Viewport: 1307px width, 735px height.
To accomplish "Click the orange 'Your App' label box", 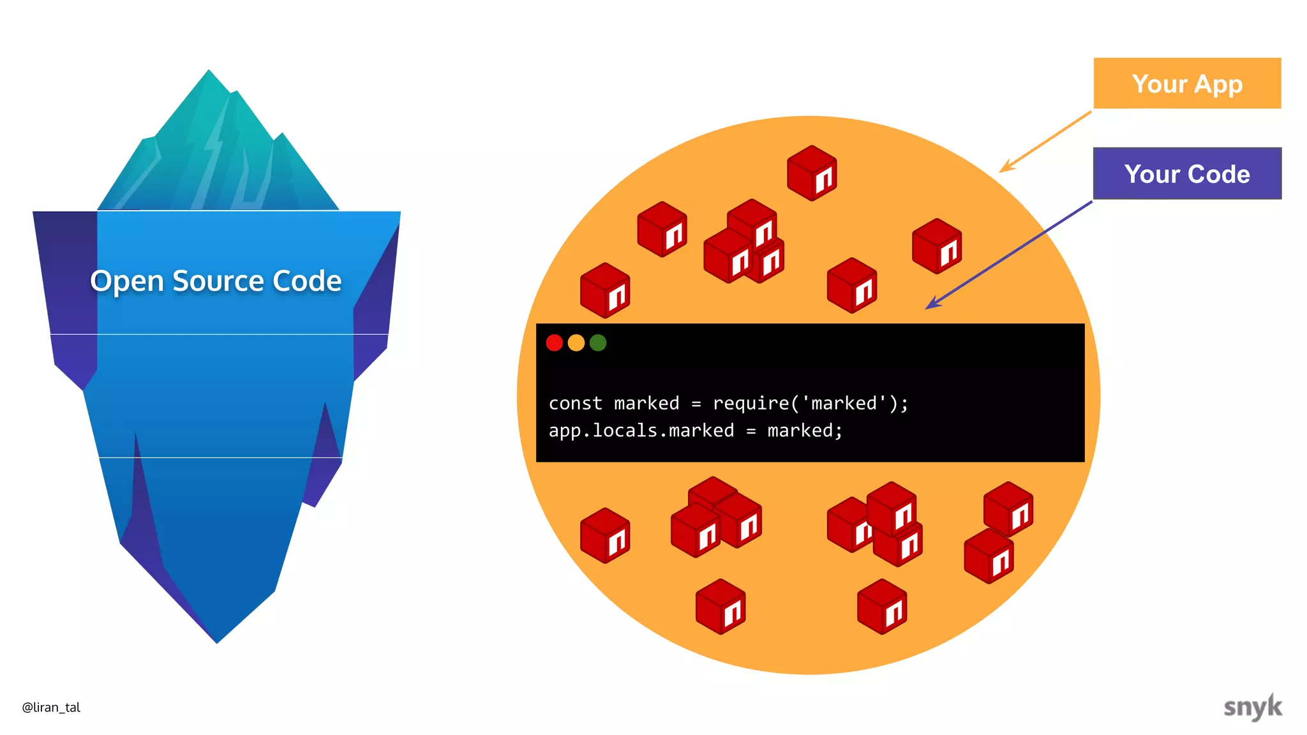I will [x=1187, y=84].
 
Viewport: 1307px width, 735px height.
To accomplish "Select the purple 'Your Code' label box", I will [x=1187, y=174].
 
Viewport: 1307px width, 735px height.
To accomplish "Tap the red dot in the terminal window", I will [x=555, y=343].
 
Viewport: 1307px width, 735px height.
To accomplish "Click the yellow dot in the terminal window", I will [x=576, y=343].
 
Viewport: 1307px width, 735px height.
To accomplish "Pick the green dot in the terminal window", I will [x=598, y=343].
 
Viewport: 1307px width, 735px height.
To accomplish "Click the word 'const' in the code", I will [x=575, y=403].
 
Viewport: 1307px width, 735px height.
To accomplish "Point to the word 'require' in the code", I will [x=751, y=403].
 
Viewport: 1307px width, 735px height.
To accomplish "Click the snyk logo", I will [x=1252, y=707].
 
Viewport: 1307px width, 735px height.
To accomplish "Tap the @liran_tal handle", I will [x=51, y=707].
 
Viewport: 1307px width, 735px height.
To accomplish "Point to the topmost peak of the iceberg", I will [x=209, y=71].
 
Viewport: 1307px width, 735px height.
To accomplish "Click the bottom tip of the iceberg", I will [x=217, y=641].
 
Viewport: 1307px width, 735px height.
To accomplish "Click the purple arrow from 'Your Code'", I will [x=1008, y=255].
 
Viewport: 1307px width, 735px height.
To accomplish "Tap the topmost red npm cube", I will [x=812, y=173].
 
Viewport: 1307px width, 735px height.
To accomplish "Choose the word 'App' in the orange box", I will [x=1218, y=84].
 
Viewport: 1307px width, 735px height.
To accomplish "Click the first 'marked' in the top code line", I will [x=646, y=403].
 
